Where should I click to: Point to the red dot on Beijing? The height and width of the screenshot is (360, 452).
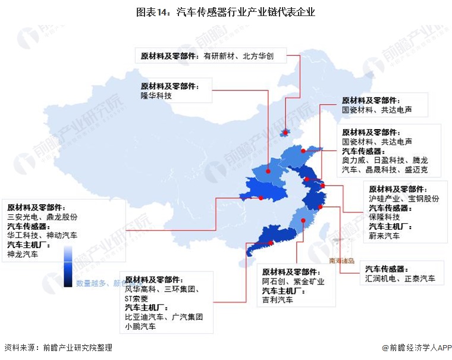(x=285, y=132)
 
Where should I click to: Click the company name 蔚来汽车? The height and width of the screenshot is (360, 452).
(x=385, y=236)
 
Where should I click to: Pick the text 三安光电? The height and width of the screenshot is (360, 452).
(x=23, y=217)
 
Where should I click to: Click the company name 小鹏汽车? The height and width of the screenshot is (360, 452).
(x=140, y=327)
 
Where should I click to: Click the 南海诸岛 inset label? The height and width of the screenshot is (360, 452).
(x=341, y=261)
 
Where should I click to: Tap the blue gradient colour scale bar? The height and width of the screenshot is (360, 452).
(x=68, y=268)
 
